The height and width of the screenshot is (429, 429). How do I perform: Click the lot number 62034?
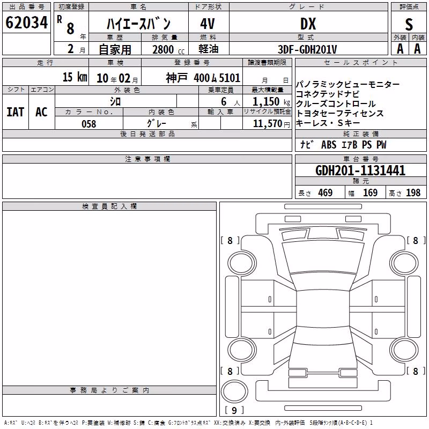point(26,23)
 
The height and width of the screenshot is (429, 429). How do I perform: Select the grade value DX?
point(308,24)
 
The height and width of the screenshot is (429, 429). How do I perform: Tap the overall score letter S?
point(409,25)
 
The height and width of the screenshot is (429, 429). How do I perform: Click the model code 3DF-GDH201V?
point(307,49)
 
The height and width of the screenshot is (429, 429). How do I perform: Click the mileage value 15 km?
point(75,77)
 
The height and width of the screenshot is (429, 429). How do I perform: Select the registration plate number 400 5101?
point(217,78)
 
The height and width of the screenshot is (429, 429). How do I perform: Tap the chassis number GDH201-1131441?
point(360,170)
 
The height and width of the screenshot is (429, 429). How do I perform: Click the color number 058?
point(89,124)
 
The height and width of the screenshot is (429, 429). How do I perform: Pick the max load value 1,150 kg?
point(271,102)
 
